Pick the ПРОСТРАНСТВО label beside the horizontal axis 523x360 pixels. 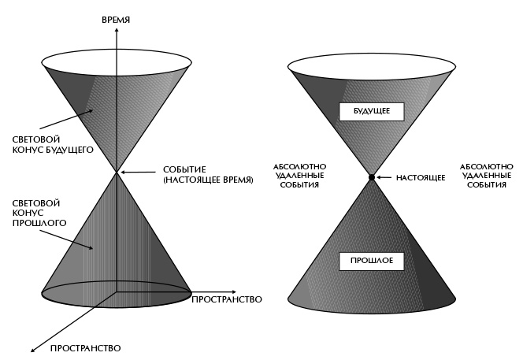tap(227, 300)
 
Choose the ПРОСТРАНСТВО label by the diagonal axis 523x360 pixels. tap(85, 347)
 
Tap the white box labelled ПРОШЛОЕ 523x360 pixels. tap(371, 259)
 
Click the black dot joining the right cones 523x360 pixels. tap(371, 177)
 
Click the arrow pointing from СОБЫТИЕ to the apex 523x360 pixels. tap(135, 172)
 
